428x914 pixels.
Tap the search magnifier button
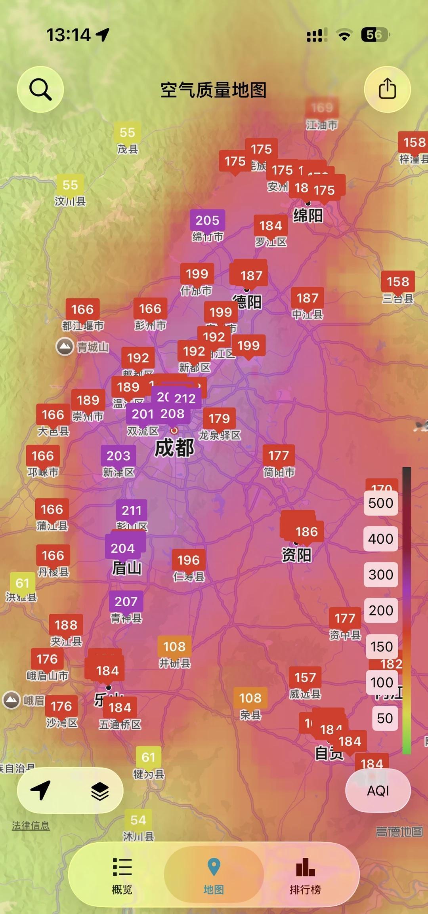coord(40,89)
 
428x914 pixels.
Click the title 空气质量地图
coord(213,90)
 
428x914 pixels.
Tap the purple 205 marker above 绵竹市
coord(207,221)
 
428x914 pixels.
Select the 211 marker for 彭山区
coord(132,510)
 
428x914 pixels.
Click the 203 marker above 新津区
coord(118,456)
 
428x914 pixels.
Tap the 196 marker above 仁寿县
coord(189,560)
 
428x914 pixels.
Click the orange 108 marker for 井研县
coord(174,647)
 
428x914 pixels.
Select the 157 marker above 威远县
coord(305,678)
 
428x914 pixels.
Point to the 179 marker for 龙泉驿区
coord(219,419)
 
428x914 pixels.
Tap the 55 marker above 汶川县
coord(70,185)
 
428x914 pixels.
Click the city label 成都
coord(174,448)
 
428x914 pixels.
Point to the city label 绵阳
coord(308,216)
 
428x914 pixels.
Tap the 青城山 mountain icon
coord(65,347)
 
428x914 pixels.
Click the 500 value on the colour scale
coord(381,503)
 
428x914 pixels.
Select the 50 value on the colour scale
coord(385,718)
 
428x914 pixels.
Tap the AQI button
coord(378,791)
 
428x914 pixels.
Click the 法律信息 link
coord(31,826)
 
